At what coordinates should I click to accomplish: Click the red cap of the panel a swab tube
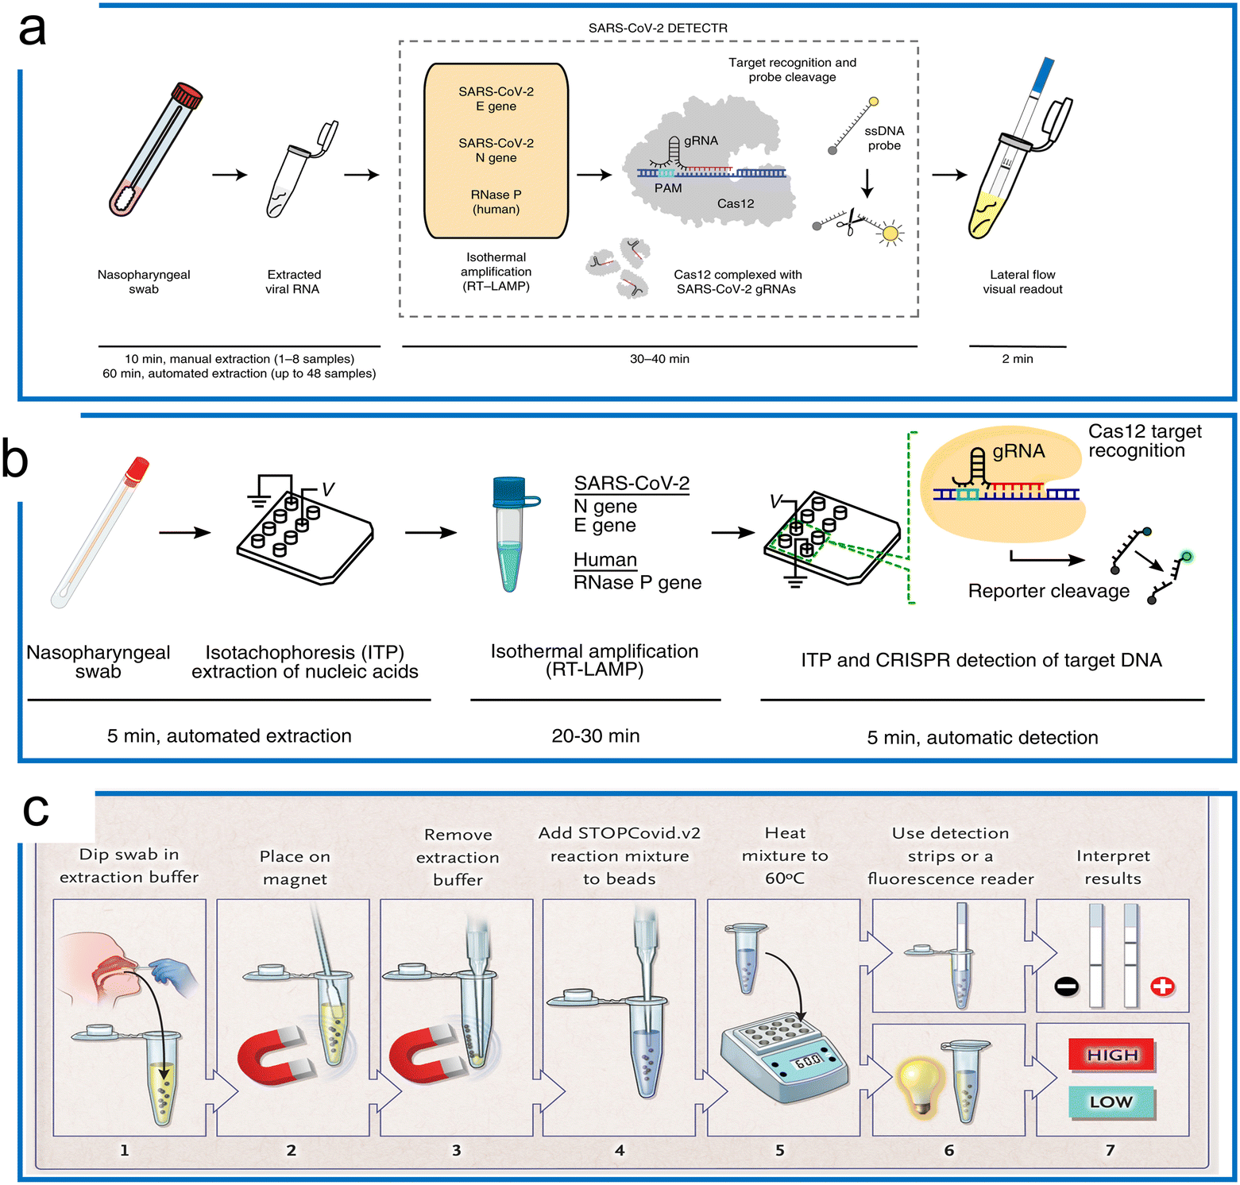pyautogui.click(x=188, y=95)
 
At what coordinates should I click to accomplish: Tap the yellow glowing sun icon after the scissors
pyautogui.click(x=890, y=234)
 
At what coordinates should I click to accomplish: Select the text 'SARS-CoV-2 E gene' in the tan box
pyautogui.click(x=496, y=98)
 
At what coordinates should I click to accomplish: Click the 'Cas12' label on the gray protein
pyautogui.click(x=735, y=203)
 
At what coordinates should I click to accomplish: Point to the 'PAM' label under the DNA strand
pyautogui.click(x=667, y=188)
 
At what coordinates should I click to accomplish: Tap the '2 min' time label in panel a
pyautogui.click(x=1017, y=359)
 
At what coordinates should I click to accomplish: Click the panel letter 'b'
pyautogui.click(x=16, y=459)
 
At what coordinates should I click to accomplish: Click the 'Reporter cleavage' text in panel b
pyautogui.click(x=1048, y=591)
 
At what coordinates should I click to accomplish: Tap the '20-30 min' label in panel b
pyautogui.click(x=595, y=736)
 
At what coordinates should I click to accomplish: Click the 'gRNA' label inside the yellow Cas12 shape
pyautogui.click(x=1018, y=451)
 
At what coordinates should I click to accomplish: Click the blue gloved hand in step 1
pyautogui.click(x=176, y=976)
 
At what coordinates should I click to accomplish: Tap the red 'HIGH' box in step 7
pyautogui.click(x=1111, y=1056)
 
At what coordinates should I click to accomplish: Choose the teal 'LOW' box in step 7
pyautogui.click(x=1111, y=1102)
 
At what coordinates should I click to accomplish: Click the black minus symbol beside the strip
pyautogui.click(x=1066, y=986)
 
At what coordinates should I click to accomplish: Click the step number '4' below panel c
pyautogui.click(x=620, y=1150)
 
